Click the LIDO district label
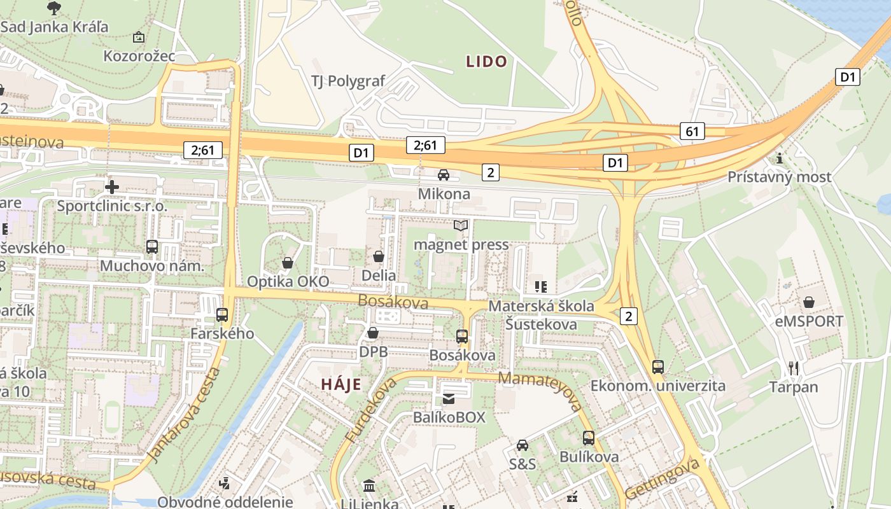click(x=487, y=62)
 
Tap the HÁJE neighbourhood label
click(x=341, y=384)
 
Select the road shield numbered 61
click(x=692, y=132)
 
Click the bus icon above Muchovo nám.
click(x=152, y=247)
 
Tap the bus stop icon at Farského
click(x=222, y=314)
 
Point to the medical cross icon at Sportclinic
click(x=112, y=187)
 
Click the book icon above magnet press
click(x=461, y=225)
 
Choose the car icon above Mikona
click(x=444, y=175)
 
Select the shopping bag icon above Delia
click(x=379, y=256)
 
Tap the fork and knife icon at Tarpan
click(x=794, y=368)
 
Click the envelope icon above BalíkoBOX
click(x=449, y=399)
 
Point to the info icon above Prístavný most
click(x=780, y=158)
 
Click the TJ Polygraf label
click(x=348, y=81)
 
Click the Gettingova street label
click(x=662, y=478)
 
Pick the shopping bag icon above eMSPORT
click(x=809, y=302)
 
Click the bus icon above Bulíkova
click(x=589, y=438)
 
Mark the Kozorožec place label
click(x=139, y=56)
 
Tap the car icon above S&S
click(x=523, y=445)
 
